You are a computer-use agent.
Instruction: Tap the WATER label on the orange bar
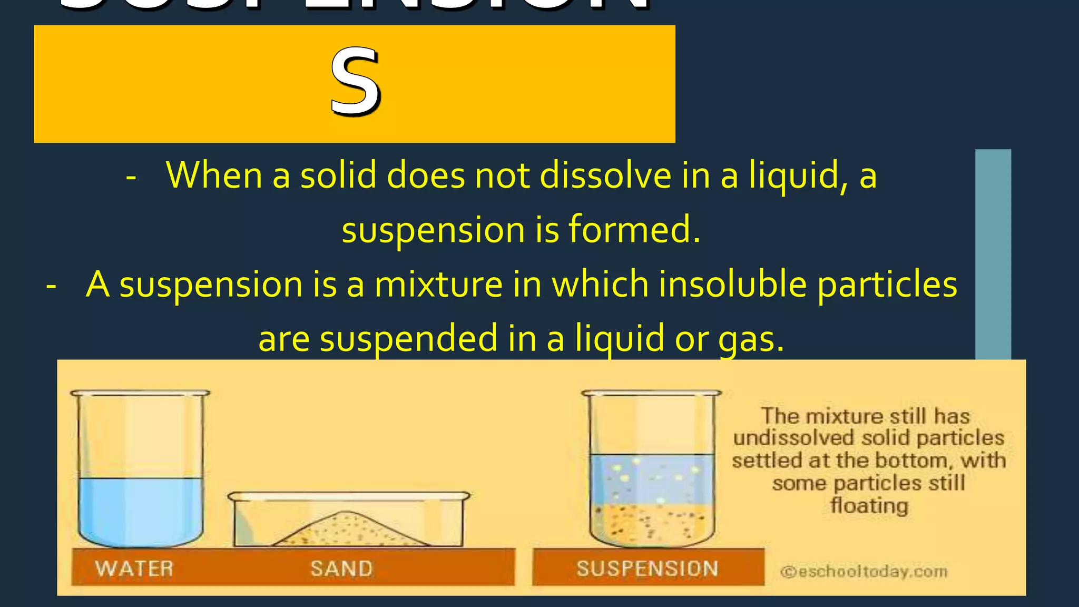pos(134,569)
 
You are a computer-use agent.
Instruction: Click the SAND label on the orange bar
pos(341,569)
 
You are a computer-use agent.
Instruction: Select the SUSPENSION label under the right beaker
pos(647,569)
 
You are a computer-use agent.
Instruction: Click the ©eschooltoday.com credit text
pos(864,572)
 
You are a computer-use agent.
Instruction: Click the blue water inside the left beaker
pos(140,508)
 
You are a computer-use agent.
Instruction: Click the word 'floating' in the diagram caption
pos(869,506)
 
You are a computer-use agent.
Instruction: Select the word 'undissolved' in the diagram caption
pos(793,438)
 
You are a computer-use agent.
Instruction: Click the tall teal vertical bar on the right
pos(993,253)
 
